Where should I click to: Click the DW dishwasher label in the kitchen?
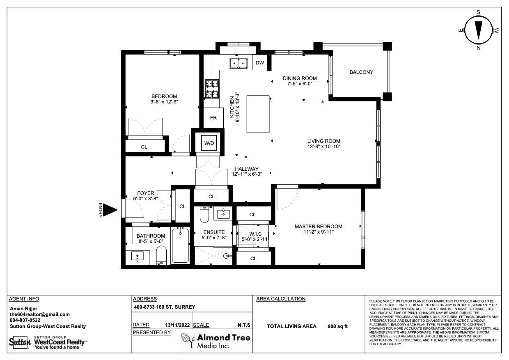click(x=260, y=63)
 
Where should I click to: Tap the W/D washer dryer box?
click(x=209, y=143)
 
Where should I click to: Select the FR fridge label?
click(x=213, y=118)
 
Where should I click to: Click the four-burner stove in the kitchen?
click(x=212, y=89)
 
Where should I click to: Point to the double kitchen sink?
click(x=238, y=63)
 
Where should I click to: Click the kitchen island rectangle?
click(x=258, y=114)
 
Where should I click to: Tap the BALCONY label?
click(x=361, y=72)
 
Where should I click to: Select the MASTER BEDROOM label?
click(x=319, y=226)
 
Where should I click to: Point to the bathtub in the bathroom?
click(x=181, y=245)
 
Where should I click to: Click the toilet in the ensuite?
click(x=204, y=215)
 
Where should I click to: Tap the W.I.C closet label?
click(x=255, y=234)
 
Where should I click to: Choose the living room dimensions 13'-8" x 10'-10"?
click(x=324, y=147)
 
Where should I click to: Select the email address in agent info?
click(x=40, y=314)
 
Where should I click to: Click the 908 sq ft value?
click(x=338, y=326)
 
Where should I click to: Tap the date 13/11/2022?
click(x=177, y=325)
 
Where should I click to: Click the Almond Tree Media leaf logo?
click(x=188, y=340)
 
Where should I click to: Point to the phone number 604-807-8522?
click(x=25, y=320)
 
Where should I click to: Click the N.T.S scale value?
click(x=244, y=325)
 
